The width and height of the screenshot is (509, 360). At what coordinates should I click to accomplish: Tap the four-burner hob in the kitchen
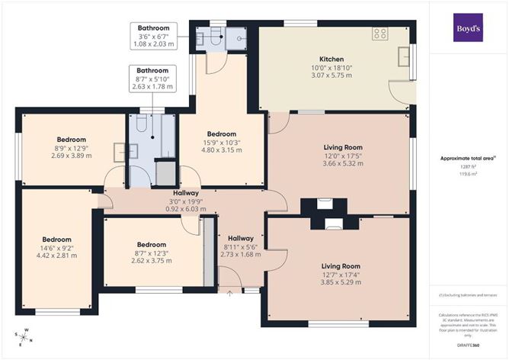tap(380, 34)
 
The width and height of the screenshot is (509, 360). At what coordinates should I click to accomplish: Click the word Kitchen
tap(331, 59)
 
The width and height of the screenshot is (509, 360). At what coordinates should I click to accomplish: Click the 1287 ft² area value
tap(467, 166)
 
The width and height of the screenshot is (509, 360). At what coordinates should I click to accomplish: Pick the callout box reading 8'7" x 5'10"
tap(154, 79)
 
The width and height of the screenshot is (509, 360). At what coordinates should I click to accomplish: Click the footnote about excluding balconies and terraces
tap(467, 294)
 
